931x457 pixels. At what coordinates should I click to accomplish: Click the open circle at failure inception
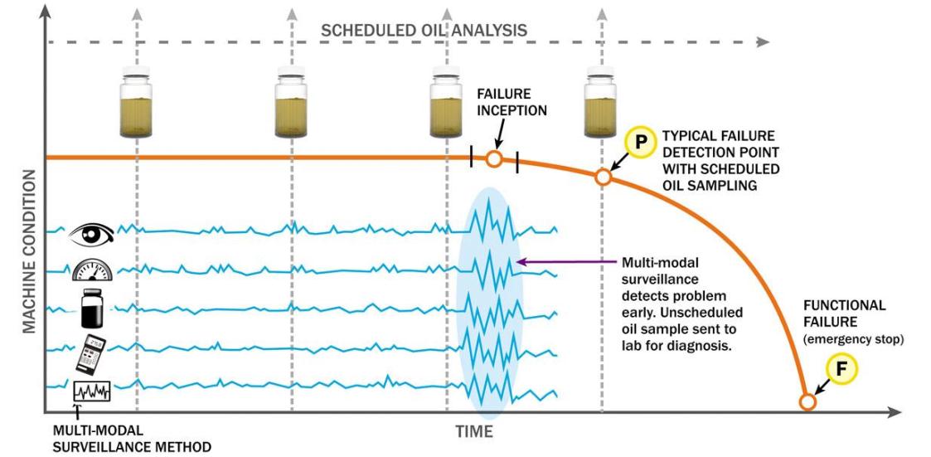pos(493,158)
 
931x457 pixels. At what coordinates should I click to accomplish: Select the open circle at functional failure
pos(807,402)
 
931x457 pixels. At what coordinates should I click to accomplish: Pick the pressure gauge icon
pos(90,269)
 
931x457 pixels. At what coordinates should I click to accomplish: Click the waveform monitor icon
pos(90,389)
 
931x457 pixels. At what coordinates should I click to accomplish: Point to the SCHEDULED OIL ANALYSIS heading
pos(424,30)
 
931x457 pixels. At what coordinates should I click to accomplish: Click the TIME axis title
pos(473,431)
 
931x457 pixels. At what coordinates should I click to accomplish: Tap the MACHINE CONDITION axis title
pos(28,253)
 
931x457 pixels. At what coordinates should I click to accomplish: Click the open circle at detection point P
pos(604,177)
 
